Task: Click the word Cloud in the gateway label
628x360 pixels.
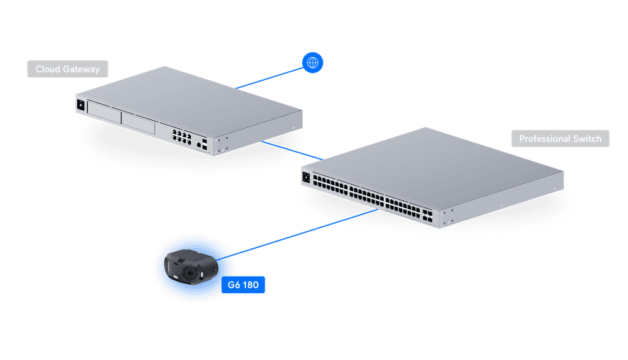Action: point(47,69)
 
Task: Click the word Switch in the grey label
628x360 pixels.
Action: point(588,139)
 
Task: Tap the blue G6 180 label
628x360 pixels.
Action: point(243,285)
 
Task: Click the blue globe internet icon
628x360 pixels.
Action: point(313,62)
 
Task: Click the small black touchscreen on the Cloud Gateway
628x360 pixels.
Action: point(80,105)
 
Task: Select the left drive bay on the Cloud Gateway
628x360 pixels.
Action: point(104,111)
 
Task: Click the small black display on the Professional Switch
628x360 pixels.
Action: point(305,178)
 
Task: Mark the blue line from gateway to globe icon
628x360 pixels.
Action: point(270,78)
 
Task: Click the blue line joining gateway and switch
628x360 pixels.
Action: point(291,150)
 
